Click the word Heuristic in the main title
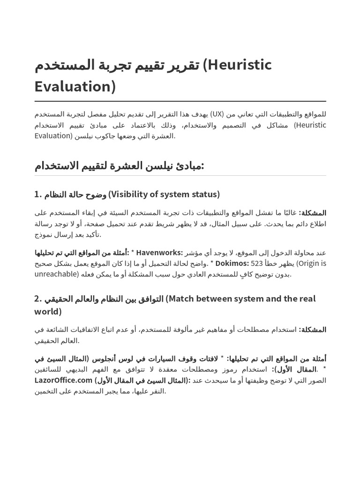pos(240,65)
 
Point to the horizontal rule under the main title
pos(180,101)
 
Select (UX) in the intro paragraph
pos(217,114)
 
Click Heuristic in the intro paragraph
pos(310,125)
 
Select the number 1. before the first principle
pos(38,194)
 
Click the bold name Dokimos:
pos(232,263)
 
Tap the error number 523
pos(257,263)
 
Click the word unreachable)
pos(56,274)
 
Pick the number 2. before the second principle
pos(39,299)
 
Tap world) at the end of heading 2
pos(47,312)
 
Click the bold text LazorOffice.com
pos(63,380)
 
